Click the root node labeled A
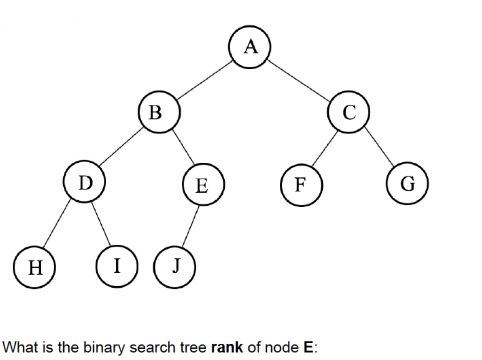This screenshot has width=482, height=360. (x=250, y=47)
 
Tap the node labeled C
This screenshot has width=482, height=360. (x=349, y=112)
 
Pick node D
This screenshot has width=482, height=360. (x=85, y=183)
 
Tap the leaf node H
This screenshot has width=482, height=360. (x=34, y=268)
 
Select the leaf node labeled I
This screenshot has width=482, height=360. (x=116, y=266)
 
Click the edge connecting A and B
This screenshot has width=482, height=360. (x=204, y=80)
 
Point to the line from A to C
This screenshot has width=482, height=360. (x=300, y=79)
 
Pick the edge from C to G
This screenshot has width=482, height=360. (x=379, y=148)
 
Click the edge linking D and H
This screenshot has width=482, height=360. (x=58, y=224)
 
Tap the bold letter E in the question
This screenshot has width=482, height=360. (x=307, y=347)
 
